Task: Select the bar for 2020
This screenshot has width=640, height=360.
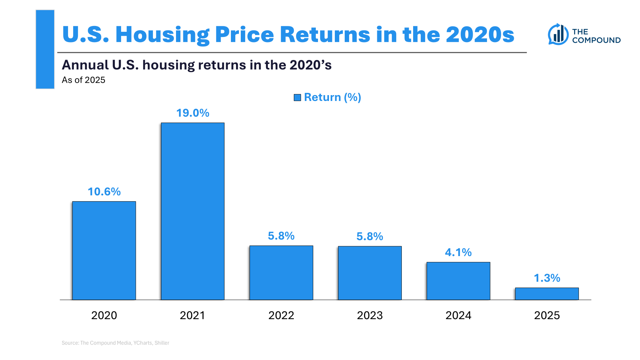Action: [x=104, y=251]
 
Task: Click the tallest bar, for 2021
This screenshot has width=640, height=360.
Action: [x=192, y=211]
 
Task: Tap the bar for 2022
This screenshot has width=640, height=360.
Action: [x=281, y=273]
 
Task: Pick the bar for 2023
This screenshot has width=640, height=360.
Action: [x=370, y=273]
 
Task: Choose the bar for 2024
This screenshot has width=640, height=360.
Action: [x=458, y=281]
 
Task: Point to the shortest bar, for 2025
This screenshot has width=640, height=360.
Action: [x=547, y=294]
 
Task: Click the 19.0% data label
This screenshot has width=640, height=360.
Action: [x=192, y=113]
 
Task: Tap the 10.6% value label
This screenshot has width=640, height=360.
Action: [x=104, y=192]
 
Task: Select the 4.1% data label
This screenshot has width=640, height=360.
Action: [x=458, y=252]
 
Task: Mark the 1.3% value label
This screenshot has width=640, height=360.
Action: [x=547, y=278]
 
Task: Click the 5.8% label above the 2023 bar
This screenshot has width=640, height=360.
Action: [x=370, y=236]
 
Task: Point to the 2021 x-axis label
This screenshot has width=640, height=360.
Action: [x=192, y=315]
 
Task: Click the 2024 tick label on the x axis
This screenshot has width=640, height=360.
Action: [x=458, y=315]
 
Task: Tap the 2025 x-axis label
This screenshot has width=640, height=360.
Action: [x=547, y=315]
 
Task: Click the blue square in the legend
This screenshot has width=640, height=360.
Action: [x=297, y=97]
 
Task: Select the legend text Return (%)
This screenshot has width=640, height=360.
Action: [x=332, y=97]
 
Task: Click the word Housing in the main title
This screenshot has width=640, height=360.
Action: [x=162, y=35]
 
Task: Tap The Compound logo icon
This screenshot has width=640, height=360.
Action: [x=558, y=34]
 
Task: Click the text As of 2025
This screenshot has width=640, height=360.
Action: [x=83, y=80]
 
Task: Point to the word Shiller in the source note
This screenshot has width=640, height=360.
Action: [x=162, y=343]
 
